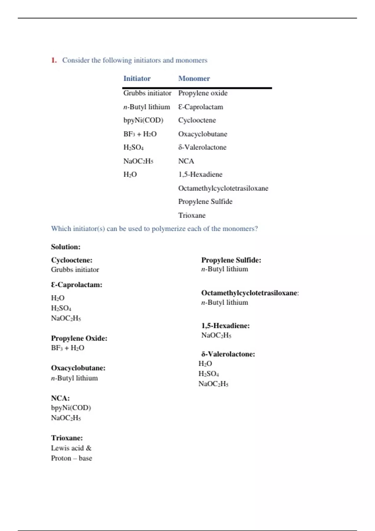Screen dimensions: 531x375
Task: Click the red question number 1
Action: (54, 60)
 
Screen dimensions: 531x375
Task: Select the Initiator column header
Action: (137, 78)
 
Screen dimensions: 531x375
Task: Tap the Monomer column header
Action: (194, 78)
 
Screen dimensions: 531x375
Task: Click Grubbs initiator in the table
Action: (147, 93)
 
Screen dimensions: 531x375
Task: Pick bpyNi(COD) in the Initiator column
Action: (143, 120)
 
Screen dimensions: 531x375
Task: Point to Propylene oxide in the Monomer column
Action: (203, 93)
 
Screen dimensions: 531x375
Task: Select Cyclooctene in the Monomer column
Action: (197, 120)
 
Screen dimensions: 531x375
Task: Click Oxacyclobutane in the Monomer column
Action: (202, 134)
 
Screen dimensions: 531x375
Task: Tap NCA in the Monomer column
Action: (186, 161)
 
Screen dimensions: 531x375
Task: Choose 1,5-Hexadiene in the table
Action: (200, 174)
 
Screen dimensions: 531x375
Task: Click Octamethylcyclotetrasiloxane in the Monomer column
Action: (223, 188)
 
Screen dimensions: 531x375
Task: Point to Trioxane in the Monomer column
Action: (192, 215)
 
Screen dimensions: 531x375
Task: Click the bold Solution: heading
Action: (66, 247)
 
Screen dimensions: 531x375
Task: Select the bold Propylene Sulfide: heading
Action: (231, 260)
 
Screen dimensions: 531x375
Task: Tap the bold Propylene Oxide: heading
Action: (79, 338)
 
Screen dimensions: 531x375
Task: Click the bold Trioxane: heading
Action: (67, 438)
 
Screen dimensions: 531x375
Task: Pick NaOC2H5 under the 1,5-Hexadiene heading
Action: (216, 335)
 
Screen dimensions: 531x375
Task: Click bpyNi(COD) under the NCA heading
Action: (71, 408)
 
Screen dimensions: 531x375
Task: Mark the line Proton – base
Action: (72, 458)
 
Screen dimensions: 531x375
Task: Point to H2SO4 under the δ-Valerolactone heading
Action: (208, 374)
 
